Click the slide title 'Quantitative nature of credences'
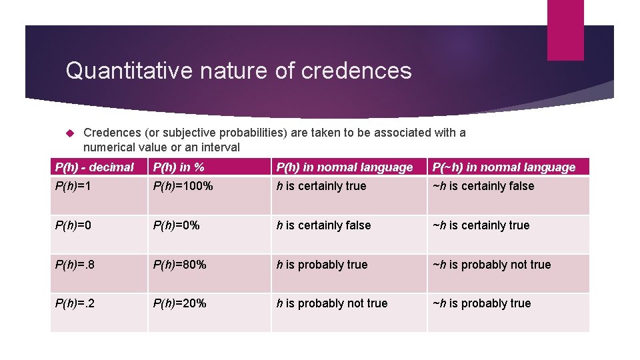239,71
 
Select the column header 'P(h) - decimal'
94,167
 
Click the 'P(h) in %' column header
179,167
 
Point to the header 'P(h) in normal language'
345,167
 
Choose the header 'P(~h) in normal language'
503,167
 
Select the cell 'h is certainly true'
321,187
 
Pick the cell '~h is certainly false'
483,187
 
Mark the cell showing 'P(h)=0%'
177,225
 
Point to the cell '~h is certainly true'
481,225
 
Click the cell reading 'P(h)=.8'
76,265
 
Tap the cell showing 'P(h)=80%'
179,265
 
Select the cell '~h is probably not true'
491,265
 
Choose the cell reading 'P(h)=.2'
76,303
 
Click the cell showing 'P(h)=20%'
179,303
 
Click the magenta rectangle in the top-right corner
565,30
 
